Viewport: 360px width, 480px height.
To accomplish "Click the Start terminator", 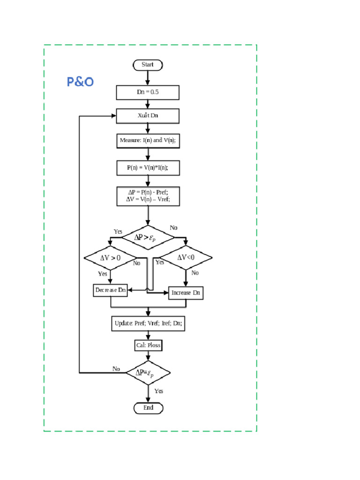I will [148, 65].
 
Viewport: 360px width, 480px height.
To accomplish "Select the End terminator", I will [148, 408].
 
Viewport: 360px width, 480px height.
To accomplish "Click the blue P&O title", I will [80, 82].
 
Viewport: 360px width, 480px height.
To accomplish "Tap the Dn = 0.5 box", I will [148, 92].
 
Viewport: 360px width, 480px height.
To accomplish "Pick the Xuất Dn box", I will [148, 116].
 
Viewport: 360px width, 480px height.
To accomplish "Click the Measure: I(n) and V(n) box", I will [148, 140].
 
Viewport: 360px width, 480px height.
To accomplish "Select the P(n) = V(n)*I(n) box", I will [148, 167].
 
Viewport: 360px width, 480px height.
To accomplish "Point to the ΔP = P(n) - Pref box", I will [148, 196].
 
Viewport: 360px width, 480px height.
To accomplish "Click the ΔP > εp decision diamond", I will [148, 238].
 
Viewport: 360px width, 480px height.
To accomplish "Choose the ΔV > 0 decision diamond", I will [111, 258].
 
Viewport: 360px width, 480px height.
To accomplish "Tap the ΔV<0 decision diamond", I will [186, 257].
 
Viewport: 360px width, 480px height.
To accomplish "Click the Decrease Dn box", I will [111, 290].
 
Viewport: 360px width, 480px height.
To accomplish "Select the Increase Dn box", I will [186, 292].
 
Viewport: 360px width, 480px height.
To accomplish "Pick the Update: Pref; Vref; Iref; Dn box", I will [148, 323].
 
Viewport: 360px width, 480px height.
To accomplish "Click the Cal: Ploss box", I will [148, 345].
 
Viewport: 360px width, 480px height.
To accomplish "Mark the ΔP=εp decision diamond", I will [148, 373].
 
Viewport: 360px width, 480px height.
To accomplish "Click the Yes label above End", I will [159, 391].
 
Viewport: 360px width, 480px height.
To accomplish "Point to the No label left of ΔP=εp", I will [116, 369].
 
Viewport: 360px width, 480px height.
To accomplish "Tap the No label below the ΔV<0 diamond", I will [195, 273].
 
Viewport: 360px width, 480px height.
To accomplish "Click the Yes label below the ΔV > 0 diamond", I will [102, 274].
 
